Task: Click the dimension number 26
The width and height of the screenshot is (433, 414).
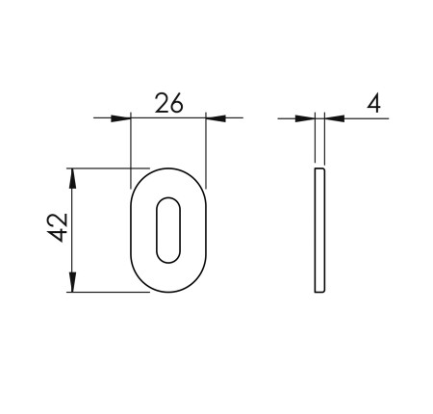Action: (x=168, y=103)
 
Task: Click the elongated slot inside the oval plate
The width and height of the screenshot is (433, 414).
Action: (x=167, y=230)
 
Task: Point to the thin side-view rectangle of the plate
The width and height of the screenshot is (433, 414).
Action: (x=320, y=230)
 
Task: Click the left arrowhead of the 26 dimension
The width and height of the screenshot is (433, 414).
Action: (x=120, y=118)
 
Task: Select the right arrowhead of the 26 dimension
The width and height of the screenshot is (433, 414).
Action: (x=216, y=118)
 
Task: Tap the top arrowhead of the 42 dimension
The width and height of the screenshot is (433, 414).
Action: (x=72, y=175)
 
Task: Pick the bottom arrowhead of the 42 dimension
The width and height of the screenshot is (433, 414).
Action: (x=72, y=284)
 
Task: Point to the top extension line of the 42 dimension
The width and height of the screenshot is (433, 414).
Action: (x=106, y=168)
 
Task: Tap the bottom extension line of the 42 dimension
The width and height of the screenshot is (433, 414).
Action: (x=106, y=293)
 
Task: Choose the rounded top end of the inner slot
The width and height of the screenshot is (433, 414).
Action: (x=167, y=203)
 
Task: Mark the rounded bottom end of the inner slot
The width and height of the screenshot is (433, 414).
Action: (x=167, y=257)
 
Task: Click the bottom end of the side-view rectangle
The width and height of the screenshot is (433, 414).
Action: (x=320, y=292)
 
